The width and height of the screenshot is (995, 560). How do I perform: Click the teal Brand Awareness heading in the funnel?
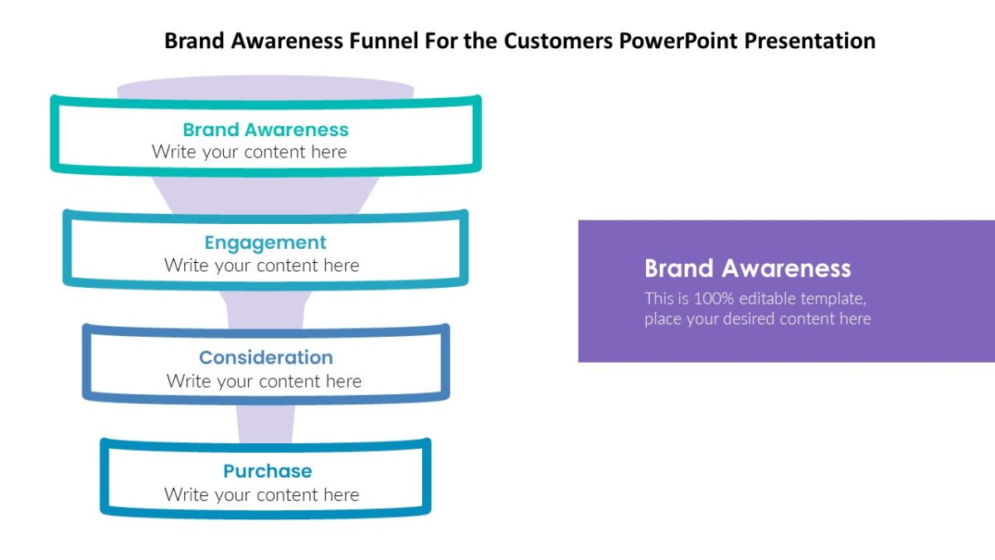[x=265, y=129]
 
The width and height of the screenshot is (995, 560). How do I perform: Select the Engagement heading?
[x=265, y=242]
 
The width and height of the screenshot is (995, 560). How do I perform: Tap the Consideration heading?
[x=265, y=358]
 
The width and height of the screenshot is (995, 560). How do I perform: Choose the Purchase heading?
[x=267, y=471]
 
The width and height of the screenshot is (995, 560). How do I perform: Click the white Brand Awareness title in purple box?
[x=747, y=268]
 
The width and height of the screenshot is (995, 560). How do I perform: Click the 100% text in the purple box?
[x=712, y=299]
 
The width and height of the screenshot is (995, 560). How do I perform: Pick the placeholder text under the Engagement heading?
[x=261, y=265]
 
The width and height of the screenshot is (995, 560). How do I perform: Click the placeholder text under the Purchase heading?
[x=261, y=495]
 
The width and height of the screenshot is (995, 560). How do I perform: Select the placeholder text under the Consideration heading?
[x=264, y=382]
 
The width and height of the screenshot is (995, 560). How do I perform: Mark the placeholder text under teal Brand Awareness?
[x=249, y=152]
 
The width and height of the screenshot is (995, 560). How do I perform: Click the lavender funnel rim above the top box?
[x=265, y=87]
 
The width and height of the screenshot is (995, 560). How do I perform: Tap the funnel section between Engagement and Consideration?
[x=265, y=307]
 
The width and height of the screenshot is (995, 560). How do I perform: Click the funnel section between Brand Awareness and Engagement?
[x=265, y=192]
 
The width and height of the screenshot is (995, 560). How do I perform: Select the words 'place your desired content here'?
[x=757, y=319]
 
